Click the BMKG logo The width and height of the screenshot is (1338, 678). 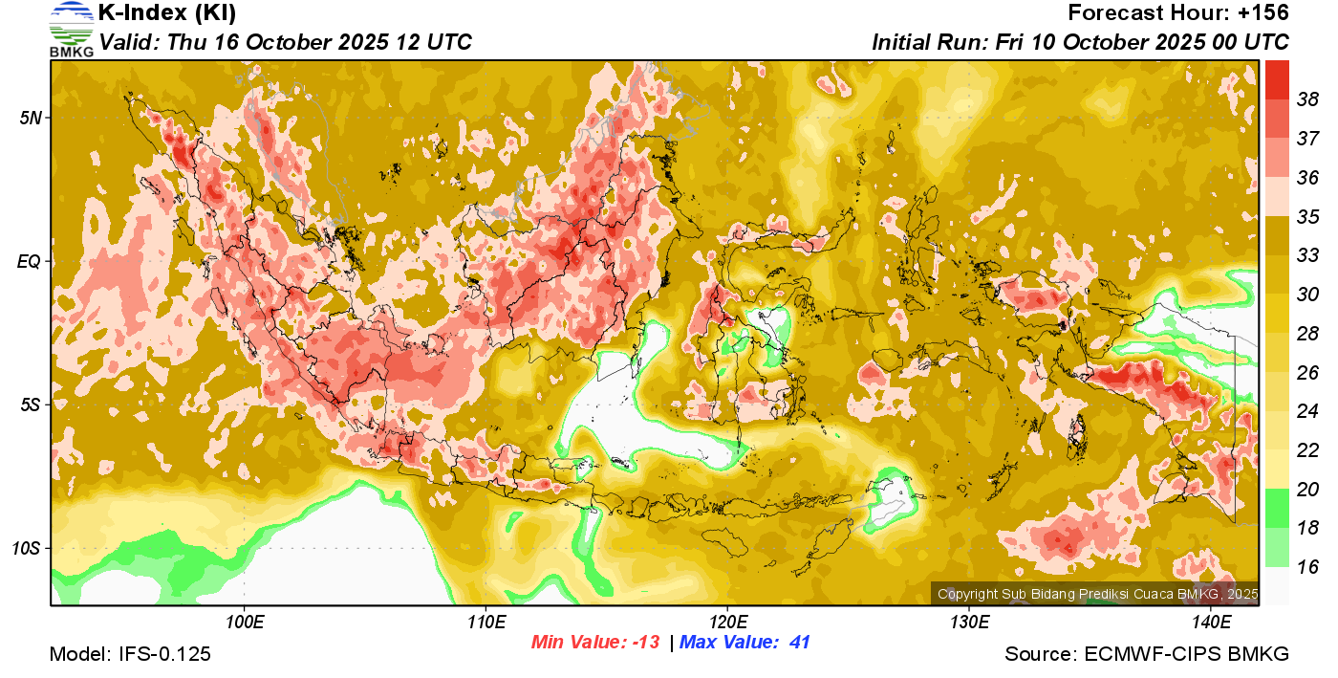(x=72, y=30)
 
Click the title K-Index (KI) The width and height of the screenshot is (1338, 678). (x=167, y=13)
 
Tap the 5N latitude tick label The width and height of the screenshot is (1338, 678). (x=29, y=118)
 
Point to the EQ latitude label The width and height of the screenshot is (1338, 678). (x=29, y=261)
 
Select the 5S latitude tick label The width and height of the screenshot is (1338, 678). (x=29, y=405)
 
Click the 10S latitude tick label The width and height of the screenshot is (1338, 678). (x=27, y=548)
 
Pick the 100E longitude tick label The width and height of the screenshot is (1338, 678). (x=244, y=622)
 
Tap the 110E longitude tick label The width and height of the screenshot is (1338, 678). (x=486, y=622)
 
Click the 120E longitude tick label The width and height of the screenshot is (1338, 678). (x=727, y=622)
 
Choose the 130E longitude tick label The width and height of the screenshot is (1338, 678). (x=969, y=622)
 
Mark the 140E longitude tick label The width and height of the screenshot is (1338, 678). (x=1211, y=622)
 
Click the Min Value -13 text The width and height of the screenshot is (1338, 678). (x=595, y=643)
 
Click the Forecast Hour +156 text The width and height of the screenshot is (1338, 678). (x=1178, y=13)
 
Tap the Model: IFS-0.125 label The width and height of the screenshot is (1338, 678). (x=130, y=654)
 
